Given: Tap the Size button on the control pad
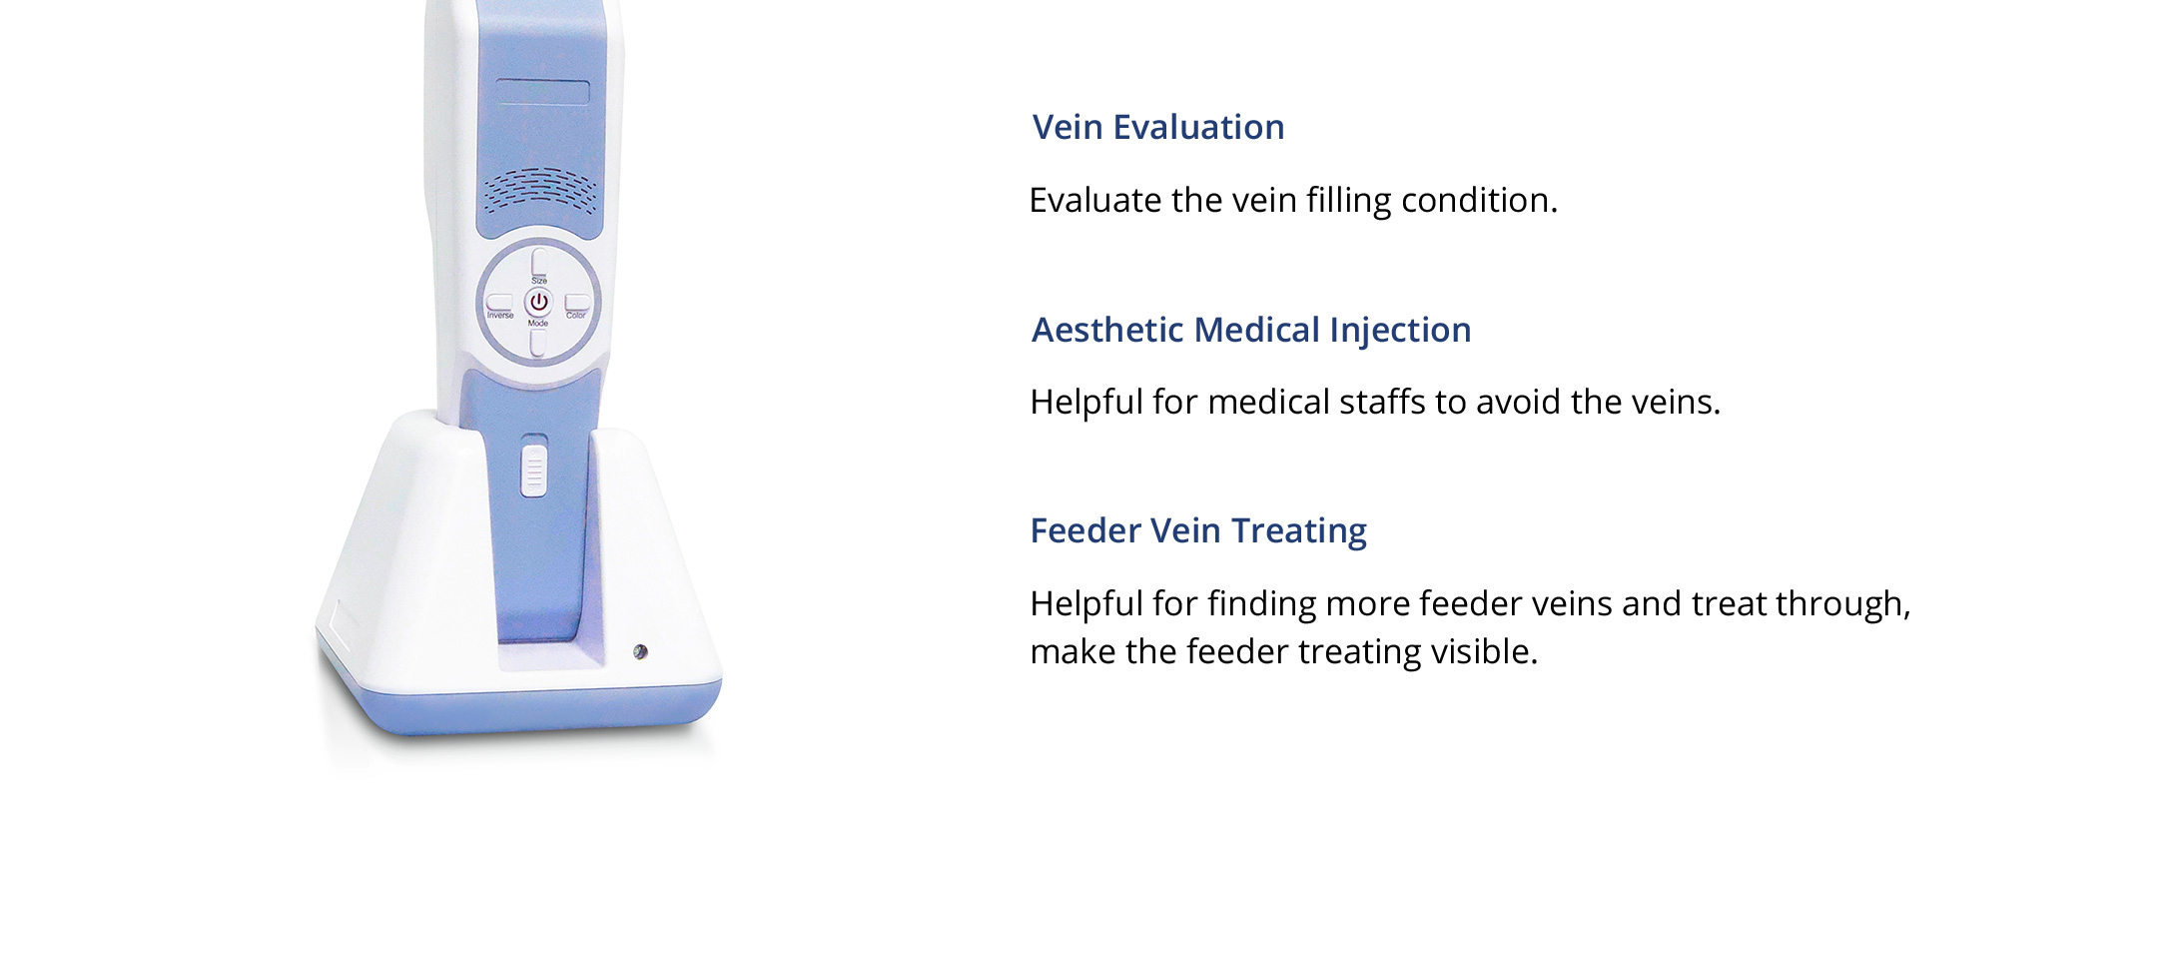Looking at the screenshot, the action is pos(539,262).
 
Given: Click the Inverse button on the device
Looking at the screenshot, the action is pos(499,302).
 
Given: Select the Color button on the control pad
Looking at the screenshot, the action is pos(577,302).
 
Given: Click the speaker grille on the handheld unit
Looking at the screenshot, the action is pos(540,190).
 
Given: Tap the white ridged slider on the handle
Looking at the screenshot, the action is pos(534,467).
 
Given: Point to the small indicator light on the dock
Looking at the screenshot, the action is pos(640,652).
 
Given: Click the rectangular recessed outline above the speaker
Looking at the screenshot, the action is pos(543,92).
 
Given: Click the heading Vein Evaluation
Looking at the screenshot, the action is pos(1158,128).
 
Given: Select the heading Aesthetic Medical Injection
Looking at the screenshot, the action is pos(1251,331).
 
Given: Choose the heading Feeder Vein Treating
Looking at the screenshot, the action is pos(1198,531).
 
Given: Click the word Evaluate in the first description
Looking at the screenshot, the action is pos(1095,200).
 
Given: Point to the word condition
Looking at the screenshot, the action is pos(1479,201).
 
